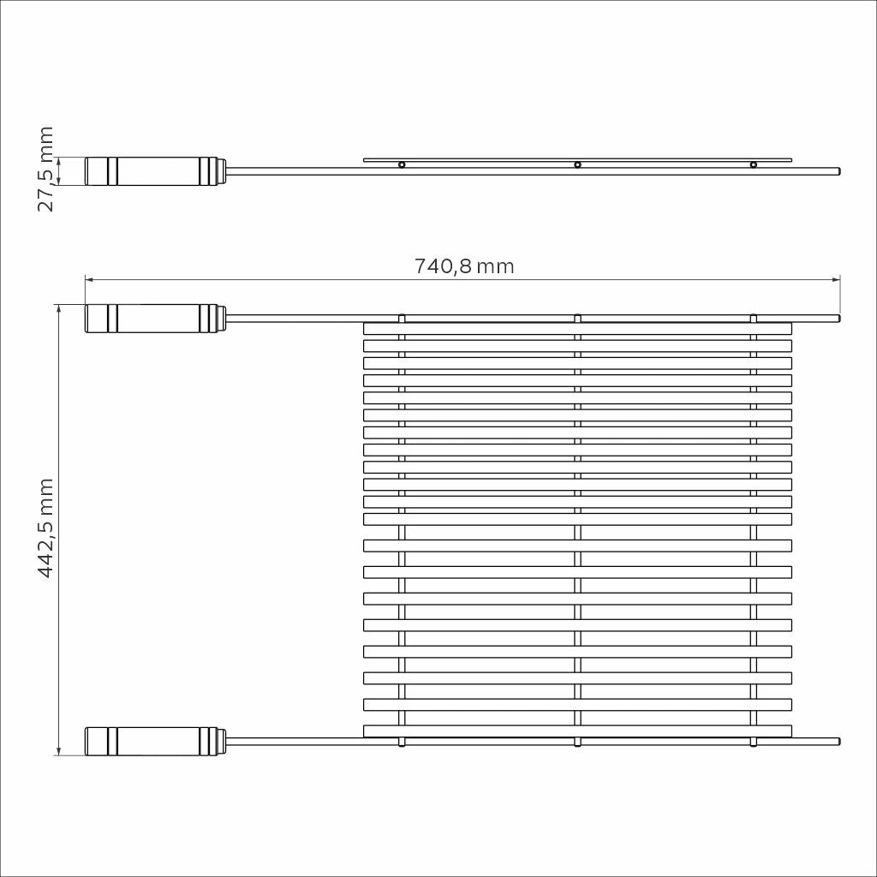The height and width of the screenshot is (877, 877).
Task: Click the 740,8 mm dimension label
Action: tap(464, 266)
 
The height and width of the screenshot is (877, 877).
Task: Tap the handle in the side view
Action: tap(155, 171)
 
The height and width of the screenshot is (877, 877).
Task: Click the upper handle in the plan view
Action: tap(155, 318)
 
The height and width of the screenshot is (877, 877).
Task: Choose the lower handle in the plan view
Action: tap(155, 741)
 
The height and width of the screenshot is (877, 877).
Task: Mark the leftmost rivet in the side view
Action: tap(402, 164)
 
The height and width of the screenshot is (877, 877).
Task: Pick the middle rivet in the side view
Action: tap(577, 164)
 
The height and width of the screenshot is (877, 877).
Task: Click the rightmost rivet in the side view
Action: tap(754, 164)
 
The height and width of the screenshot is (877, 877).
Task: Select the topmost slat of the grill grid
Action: tap(577, 328)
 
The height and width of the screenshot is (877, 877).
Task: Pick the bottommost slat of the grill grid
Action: tap(577, 731)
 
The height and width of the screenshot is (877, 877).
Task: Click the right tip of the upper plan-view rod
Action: tap(838, 318)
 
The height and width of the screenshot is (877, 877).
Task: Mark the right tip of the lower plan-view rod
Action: tap(838, 741)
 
